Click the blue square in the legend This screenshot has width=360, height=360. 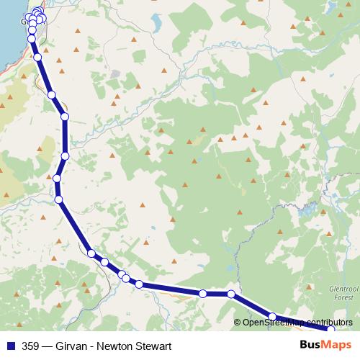pyautogui.click(x=11, y=346)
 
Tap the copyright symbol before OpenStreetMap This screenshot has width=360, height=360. pyautogui.click(x=238, y=323)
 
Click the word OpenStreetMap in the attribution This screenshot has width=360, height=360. pyautogui.click(x=273, y=323)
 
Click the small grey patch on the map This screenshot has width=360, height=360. pyautogui.click(x=115, y=75)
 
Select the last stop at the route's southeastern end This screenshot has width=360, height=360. pyautogui.click(x=331, y=330)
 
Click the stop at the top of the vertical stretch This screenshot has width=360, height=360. pyautogui.click(x=65, y=117)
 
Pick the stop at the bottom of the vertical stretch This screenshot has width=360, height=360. pyautogui.click(x=65, y=156)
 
